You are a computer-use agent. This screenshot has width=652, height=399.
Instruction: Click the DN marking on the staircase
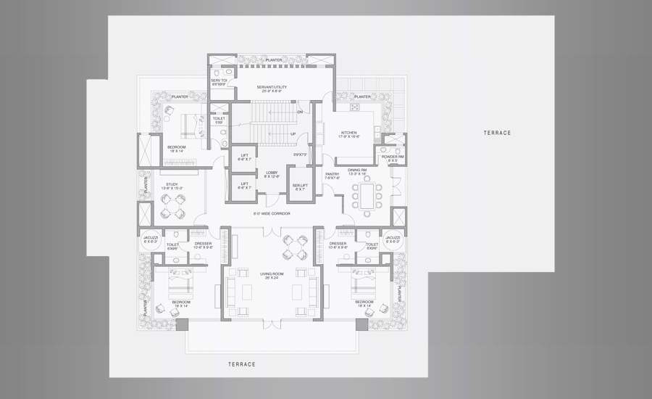[x=300, y=112]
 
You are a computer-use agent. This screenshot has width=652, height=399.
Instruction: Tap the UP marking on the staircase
[x=293, y=134]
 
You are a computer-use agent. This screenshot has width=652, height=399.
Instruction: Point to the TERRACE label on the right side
[x=498, y=133]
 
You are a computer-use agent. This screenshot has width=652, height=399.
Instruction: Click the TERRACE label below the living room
[x=241, y=364]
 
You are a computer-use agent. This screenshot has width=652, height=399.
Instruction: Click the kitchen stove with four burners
[x=355, y=107]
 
